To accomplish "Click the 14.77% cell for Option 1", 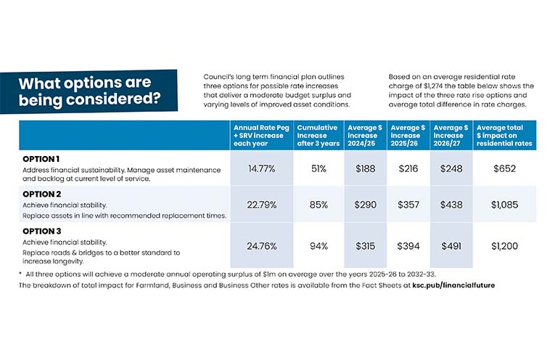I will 262,168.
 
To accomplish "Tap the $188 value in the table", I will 365,168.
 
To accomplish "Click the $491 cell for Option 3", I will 452,246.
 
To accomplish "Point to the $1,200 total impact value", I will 504,246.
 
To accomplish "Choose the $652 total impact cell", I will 504,168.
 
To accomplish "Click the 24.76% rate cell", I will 262,246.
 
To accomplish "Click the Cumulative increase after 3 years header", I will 318,136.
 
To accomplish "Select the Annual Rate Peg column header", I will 262,136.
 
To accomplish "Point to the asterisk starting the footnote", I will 20,273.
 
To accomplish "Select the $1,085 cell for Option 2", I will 504,205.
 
